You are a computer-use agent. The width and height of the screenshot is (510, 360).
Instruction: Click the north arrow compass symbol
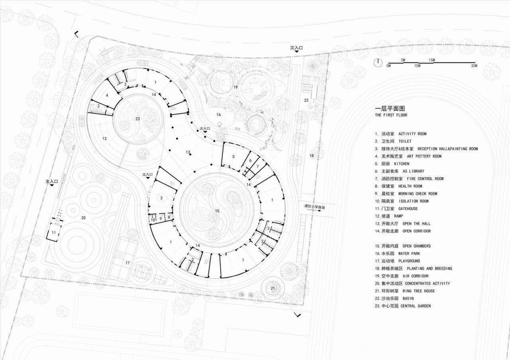379,63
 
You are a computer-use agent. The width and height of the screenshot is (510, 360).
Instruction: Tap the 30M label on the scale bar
474,66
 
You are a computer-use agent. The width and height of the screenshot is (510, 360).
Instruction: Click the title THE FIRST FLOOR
391,115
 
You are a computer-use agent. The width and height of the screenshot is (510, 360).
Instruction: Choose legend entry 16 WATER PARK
397,254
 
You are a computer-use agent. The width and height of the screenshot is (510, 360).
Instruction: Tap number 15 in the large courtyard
217,211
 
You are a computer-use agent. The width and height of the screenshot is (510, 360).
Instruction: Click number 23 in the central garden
137,119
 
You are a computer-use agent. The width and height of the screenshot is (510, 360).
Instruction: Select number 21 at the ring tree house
273,288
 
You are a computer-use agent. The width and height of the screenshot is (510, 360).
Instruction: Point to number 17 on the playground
127,263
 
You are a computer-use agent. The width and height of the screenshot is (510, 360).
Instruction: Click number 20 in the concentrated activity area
83,217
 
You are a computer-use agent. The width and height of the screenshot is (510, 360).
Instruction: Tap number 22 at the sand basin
306,100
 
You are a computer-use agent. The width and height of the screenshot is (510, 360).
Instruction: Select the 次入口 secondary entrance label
296,48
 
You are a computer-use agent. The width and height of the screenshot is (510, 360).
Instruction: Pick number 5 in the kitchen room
233,157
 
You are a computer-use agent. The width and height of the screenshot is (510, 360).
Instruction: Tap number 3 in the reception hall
161,198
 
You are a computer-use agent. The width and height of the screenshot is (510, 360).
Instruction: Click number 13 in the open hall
188,152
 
